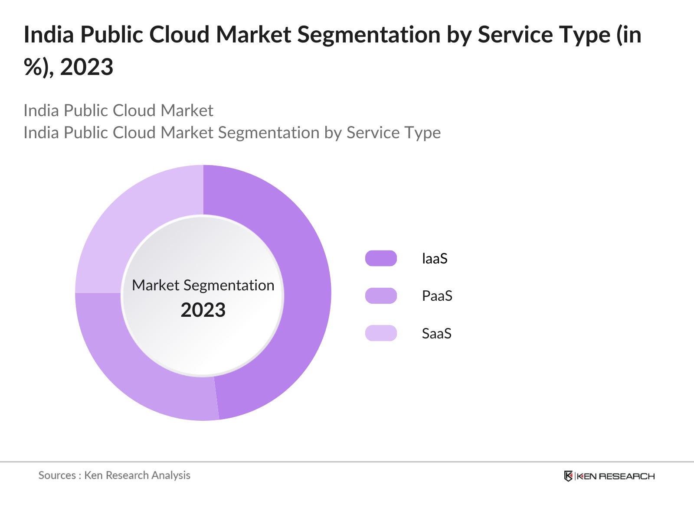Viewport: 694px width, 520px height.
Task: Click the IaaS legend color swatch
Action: click(381, 258)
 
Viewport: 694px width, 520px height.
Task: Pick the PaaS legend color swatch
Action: click(381, 296)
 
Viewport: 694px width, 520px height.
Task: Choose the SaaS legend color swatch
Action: click(381, 333)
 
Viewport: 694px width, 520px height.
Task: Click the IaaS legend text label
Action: click(435, 259)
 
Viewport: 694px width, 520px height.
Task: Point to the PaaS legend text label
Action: click(437, 296)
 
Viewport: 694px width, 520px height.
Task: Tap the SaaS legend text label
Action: click(436, 334)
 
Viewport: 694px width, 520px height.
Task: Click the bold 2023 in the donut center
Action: click(203, 310)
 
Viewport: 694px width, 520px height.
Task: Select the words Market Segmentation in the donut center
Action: click(203, 285)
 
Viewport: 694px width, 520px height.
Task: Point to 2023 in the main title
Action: click(87, 67)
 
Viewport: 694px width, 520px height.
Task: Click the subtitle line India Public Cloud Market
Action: click(118, 110)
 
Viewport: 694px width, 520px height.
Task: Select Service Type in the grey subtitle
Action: click(393, 133)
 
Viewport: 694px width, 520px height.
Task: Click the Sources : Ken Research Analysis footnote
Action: click(115, 475)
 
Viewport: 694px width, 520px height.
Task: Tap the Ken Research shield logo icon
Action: click(568, 476)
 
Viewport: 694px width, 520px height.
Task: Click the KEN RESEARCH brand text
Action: click(615, 476)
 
